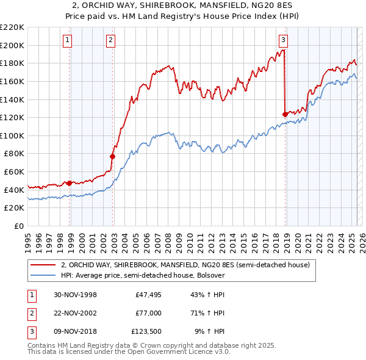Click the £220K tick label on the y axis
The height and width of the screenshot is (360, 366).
(12, 27)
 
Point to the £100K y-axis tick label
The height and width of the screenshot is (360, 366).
(12, 135)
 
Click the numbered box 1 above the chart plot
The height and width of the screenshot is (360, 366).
(66, 41)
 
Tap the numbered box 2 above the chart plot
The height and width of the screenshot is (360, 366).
(110, 41)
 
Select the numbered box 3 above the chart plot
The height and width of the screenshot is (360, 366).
(284, 41)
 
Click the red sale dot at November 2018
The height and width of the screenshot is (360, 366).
(285, 114)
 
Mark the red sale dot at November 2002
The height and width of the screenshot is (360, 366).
(112, 156)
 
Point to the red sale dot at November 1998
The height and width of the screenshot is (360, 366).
(70, 182)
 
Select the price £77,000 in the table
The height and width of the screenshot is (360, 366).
(148, 313)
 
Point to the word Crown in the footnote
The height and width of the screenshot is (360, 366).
(164, 345)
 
